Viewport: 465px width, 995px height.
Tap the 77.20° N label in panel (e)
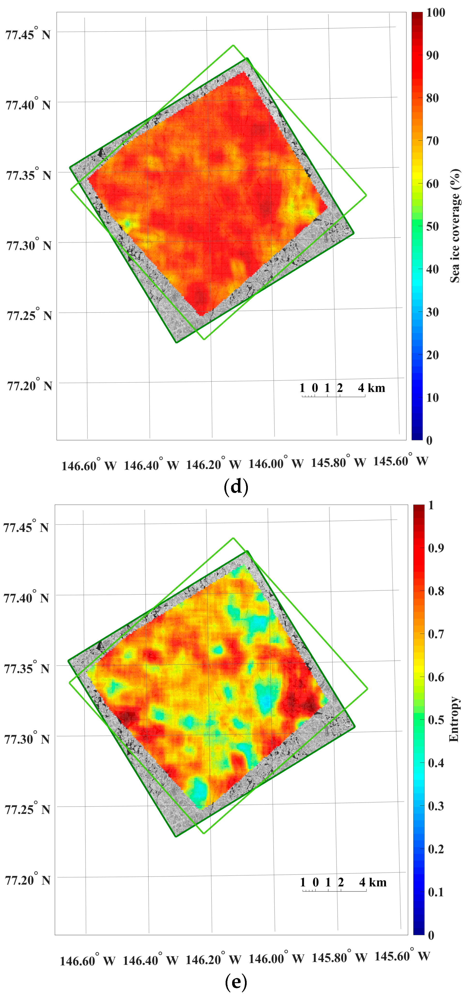(x=27, y=880)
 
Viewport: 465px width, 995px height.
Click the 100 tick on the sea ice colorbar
(x=435, y=12)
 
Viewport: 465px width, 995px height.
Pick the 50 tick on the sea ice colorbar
(x=432, y=226)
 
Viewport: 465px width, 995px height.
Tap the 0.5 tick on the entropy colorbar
(x=436, y=720)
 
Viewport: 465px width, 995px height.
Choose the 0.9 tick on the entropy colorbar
(x=436, y=548)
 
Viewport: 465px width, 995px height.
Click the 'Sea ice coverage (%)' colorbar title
(x=455, y=226)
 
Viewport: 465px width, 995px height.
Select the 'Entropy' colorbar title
(x=454, y=719)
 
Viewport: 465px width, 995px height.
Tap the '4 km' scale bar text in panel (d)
(x=371, y=388)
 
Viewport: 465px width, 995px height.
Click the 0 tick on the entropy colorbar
(x=431, y=935)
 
